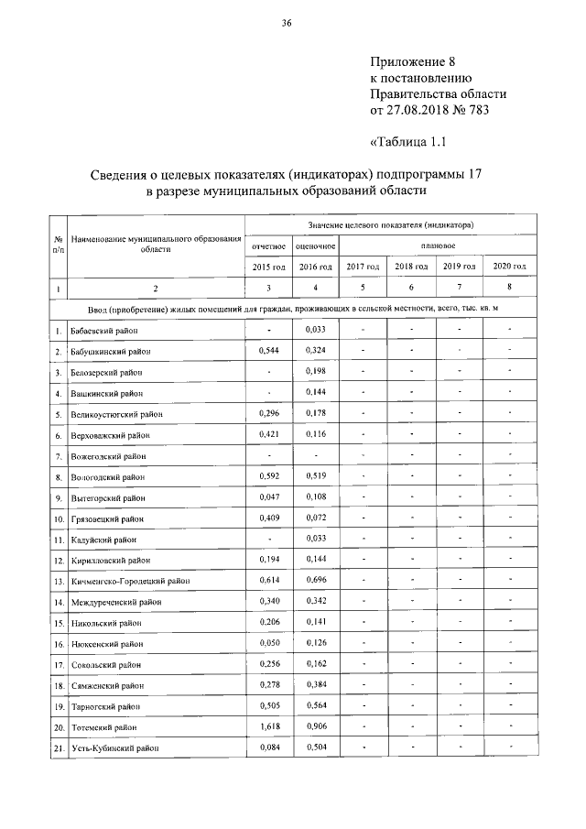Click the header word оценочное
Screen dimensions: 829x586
pos(315,245)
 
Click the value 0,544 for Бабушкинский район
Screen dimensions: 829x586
pos(269,350)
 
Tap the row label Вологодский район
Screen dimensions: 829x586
pos(108,477)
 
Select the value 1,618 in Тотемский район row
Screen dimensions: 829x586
pos(269,726)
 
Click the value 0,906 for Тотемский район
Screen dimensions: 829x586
pos(315,726)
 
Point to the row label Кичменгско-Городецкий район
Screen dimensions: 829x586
pos(130,581)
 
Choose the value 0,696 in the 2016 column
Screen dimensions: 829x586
pos(315,581)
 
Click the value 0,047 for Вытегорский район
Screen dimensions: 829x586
pos(269,497)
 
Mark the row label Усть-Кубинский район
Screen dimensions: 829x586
pos(114,748)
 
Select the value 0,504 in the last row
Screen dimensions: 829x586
pos(315,747)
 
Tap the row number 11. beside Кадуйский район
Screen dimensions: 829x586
pos(58,540)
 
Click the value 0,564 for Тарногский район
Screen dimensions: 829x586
pos(315,705)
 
